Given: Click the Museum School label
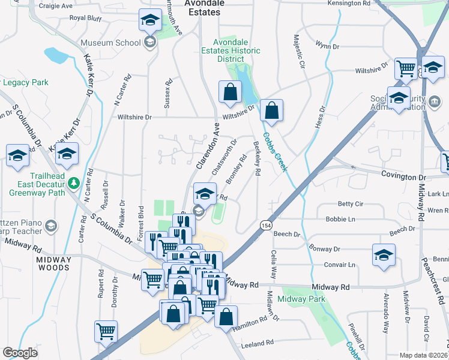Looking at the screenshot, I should click(x=110, y=43).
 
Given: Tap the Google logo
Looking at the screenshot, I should click(x=20, y=353).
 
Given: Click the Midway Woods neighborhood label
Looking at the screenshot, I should click(x=54, y=263).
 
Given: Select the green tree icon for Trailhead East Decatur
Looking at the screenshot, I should click(x=73, y=182).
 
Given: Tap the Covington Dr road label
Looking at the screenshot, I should click(x=403, y=178).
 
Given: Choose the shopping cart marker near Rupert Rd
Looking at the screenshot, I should click(x=106, y=331).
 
